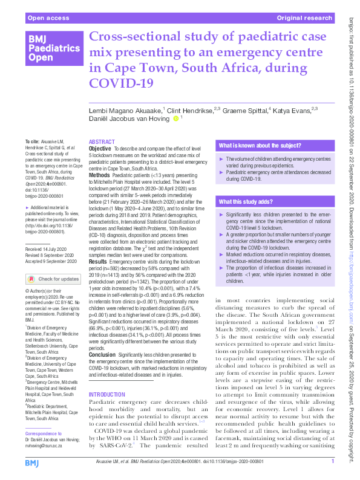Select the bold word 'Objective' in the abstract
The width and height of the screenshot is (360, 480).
(100, 148)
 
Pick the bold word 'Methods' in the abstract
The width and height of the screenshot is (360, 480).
(99, 174)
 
